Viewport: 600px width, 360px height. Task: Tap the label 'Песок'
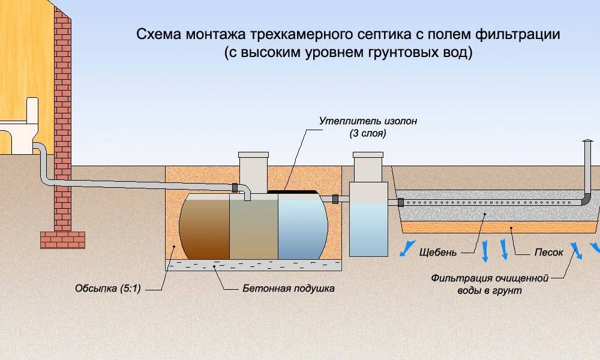point(548,253)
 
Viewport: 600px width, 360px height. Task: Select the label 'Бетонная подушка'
point(288,289)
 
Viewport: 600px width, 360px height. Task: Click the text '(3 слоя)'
point(367,134)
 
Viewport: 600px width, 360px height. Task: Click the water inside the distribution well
point(367,228)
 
